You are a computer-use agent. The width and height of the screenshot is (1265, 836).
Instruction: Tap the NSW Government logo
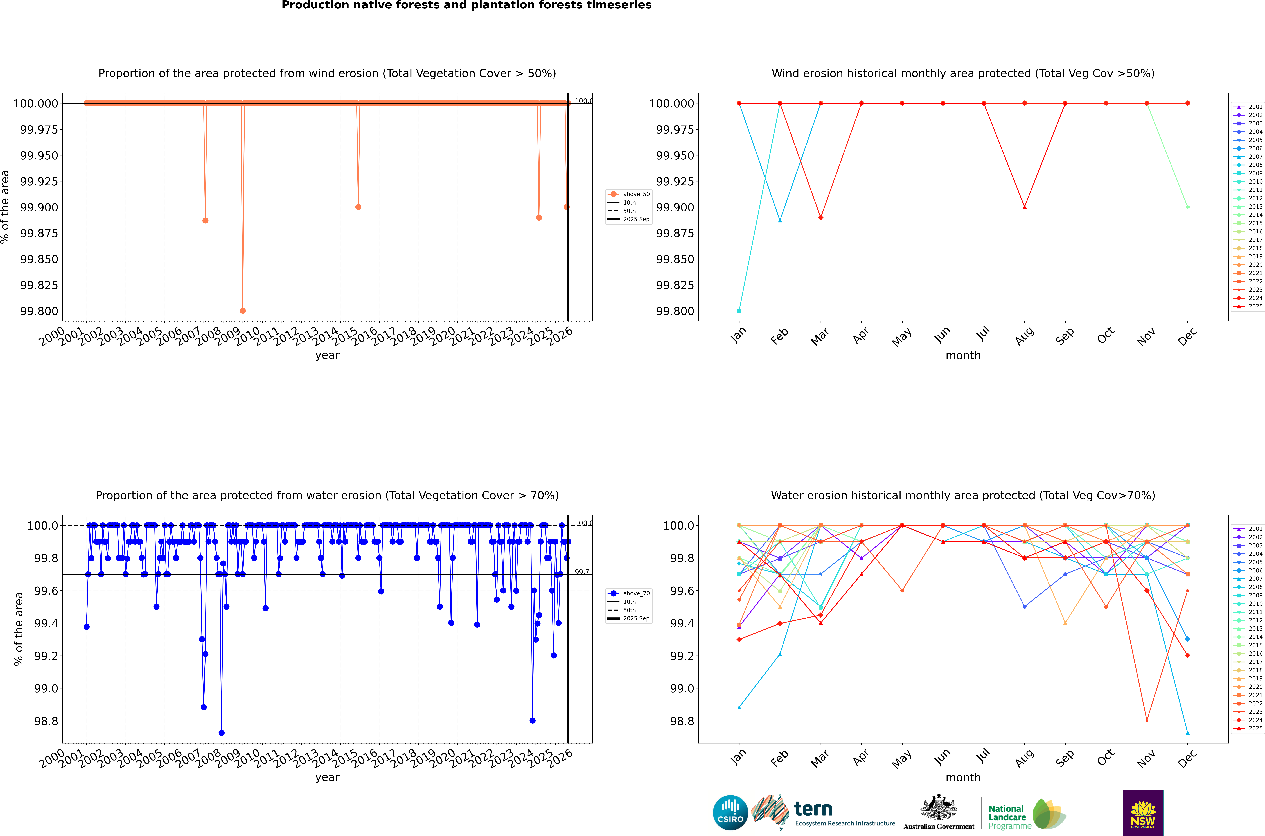coord(1143,813)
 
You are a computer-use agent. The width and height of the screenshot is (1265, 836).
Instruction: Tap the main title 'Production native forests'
coord(466,5)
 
